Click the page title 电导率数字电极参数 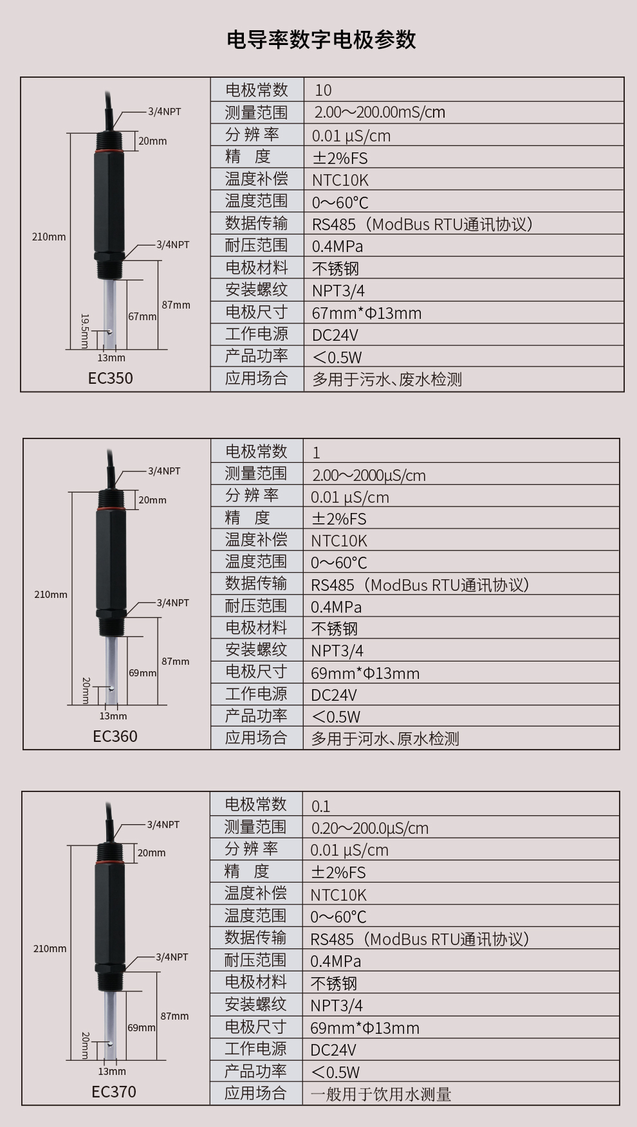pyautogui.click(x=321, y=40)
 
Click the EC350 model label pyautogui.click(x=111, y=378)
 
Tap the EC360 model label pyautogui.click(x=115, y=736)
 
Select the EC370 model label pyautogui.click(x=114, y=1092)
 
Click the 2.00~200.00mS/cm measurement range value pyautogui.click(x=380, y=113)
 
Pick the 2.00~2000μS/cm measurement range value pyautogui.click(x=368, y=475)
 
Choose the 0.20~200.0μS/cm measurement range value pyautogui.click(x=369, y=828)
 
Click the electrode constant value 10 pyautogui.click(x=323, y=91)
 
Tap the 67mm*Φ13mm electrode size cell pyautogui.click(x=367, y=313)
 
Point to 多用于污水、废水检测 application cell pyautogui.click(x=387, y=379)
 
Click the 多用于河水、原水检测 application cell pyautogui.click(x=385, y=739)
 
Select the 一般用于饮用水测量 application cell pyautogui.click(x=381, y=1094)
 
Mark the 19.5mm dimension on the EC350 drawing pyautogui.click(x=84, y=330)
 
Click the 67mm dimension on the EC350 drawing pyautogui.click(x=142, y=316)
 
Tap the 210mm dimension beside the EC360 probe pyautogui.click(x=50, y=595)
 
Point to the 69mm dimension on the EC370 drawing pyautogui.click(x=142, y=1027)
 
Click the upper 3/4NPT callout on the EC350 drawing pyautogui.click(x=164, y=112)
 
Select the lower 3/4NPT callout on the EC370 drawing pyautogui.click(x=172, y=957)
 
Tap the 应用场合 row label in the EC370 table pyautogui.click(x=255, y=1093)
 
